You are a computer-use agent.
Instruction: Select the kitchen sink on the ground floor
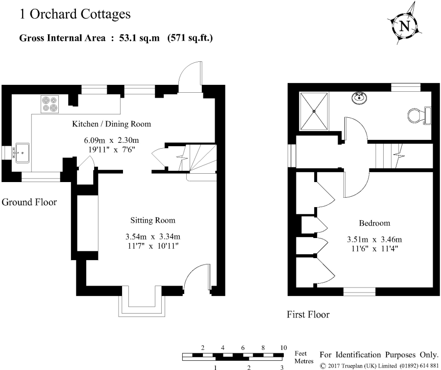[x=22, y=152]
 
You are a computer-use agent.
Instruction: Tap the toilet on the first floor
[x=418, y=115]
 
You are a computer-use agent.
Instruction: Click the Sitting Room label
[x=152, y=220]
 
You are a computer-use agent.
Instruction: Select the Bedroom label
[x=374, y=223]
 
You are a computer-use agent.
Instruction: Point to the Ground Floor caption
[x=29, y=202]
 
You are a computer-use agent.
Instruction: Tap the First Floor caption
[x=308, y=315]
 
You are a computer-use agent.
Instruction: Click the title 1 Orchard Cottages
[x=75, y=14]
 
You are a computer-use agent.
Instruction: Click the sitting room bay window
[x=141, y=304]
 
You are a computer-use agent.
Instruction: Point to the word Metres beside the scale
[x=304, y=361]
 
